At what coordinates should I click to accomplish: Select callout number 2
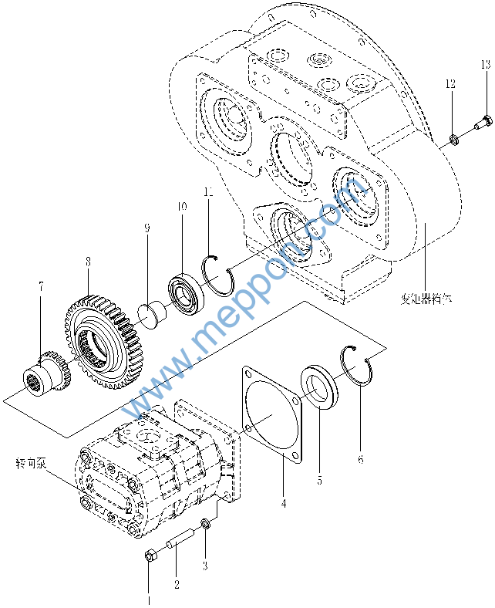pos(177,584)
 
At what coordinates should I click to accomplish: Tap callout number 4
pos(205,565)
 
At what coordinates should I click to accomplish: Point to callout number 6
pos(284,502)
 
